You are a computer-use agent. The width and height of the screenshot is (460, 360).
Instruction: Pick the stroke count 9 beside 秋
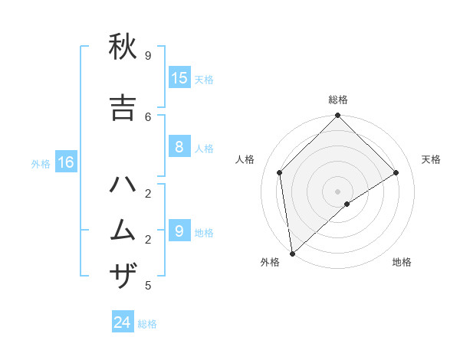pyautogui.click(x=148, y=56)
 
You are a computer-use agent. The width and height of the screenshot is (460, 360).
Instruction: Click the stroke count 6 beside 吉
pyautogui.click(x=148, y=116)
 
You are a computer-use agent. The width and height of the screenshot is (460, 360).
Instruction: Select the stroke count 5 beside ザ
pyautogui.click(x=148, y=286)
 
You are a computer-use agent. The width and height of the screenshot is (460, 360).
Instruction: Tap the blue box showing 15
pyautogui.click(x=179, y=78)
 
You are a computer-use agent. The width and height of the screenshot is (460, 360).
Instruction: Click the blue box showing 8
pyautogui.click(x=179, y=147)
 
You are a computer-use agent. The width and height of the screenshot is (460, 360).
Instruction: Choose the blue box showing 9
pyautogui.click(x=179, y=231)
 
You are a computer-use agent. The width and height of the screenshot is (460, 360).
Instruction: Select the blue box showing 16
pyautogui.click(x=65, y=162)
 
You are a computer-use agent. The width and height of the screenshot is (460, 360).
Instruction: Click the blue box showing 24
pyautogui.click(x=123, y=322)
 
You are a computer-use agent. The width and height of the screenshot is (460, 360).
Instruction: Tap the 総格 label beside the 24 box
pyautogui.click(x=147, y=324)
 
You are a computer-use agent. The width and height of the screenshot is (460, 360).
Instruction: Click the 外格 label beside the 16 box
pyautogui.click(x=41, y=163)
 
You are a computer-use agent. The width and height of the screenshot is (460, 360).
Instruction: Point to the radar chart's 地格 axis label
pyautogui.click(x=402, y=262)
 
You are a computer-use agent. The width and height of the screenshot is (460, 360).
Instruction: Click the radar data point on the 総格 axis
pyautogui.click(x=337, y=116)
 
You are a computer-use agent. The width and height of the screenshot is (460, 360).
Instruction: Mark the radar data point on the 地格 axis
pyautogui.click(x=347, y=204)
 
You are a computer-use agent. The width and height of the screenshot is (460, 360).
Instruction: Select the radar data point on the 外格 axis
pyautogui.click(x=292, y=253)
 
